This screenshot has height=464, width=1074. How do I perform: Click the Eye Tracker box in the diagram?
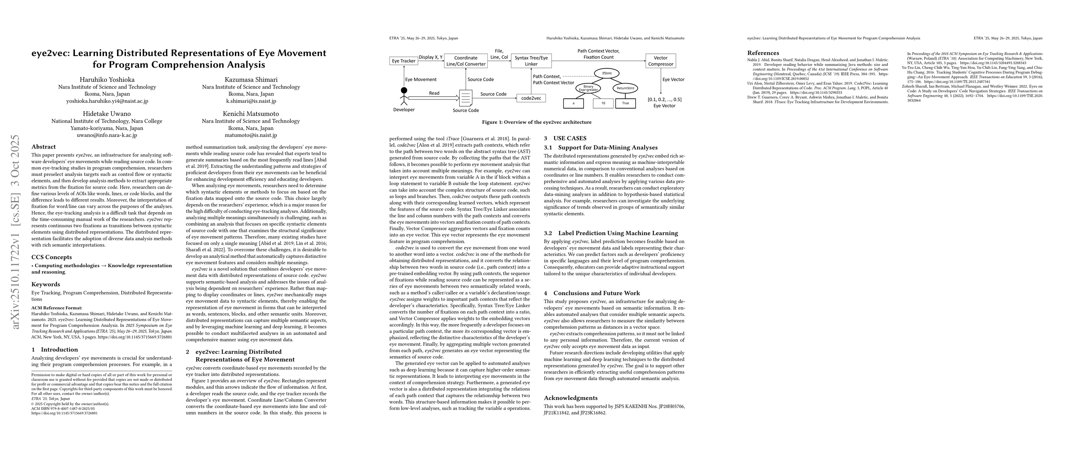coord(404,61)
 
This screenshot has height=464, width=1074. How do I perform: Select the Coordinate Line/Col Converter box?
coord(466,61)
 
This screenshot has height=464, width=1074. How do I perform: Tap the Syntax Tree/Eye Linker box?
coord(531,61)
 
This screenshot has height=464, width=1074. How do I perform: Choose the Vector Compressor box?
coord(660,61)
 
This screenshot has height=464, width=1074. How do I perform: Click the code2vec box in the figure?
coord(531,99)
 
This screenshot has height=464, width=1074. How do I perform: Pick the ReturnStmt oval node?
coord(625,88)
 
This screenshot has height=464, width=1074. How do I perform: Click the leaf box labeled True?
coord(625,103)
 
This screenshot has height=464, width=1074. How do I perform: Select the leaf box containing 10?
coord(603,103)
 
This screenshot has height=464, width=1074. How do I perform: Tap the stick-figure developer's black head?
coord(404,90)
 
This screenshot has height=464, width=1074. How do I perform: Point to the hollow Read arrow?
coord(434,98)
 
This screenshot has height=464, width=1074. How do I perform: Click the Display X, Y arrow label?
coord(431,57)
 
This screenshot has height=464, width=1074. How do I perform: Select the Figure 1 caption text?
coord(536,122)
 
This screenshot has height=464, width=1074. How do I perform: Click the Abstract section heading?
coord(43,147)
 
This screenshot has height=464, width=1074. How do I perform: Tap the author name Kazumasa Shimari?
coord(251,80)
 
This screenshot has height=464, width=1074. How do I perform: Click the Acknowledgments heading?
coord(570,398)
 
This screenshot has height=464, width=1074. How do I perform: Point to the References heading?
coord(763,53)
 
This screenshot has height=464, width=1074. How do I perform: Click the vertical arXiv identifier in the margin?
coord(15,232)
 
